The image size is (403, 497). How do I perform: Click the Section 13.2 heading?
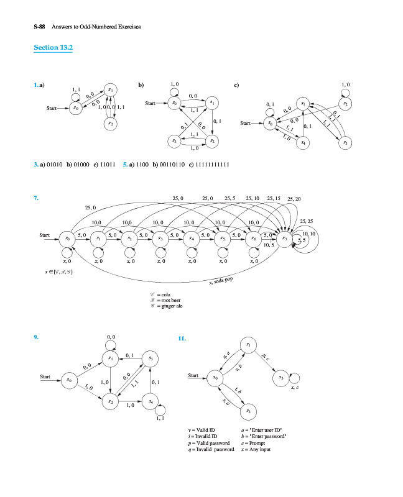tap(53, 48)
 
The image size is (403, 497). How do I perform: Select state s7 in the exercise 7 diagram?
tap(284, 238)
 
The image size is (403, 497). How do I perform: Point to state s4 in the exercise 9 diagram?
tap(150, 402)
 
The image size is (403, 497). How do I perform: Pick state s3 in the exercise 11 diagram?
tap(280, 377)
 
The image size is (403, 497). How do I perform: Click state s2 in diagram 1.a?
tap(110, 124)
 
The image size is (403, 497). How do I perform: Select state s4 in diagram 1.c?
tap(303, 143)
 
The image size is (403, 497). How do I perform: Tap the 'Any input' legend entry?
tap(256, 450)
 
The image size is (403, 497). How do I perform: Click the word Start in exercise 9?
tap(45, 376)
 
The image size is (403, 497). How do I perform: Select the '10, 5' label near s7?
tap(269, 245)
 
